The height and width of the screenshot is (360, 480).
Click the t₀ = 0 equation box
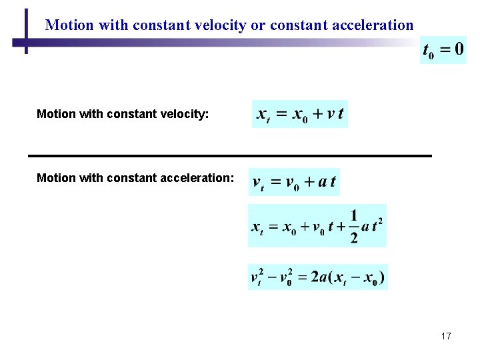[443, 50]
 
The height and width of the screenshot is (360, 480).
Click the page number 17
[446, 336]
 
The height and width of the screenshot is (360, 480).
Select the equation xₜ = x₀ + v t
[300, 114]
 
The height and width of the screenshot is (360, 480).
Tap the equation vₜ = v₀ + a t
[294, 182]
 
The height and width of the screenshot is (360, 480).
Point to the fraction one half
[353, 226]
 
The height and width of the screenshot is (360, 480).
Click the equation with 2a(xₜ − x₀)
[318, 277]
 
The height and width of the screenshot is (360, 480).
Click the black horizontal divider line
[230, 155]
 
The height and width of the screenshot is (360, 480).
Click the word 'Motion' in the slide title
[69, 25]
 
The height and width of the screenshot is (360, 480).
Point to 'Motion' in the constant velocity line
[56, 114]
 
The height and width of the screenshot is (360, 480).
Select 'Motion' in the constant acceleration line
[56, 178]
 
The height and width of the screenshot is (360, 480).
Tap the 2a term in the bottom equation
[319, 277]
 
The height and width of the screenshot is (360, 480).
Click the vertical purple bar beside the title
[26, 31]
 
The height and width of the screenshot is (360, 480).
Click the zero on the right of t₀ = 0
[459, 50]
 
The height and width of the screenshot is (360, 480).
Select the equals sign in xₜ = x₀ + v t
[281, 114]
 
